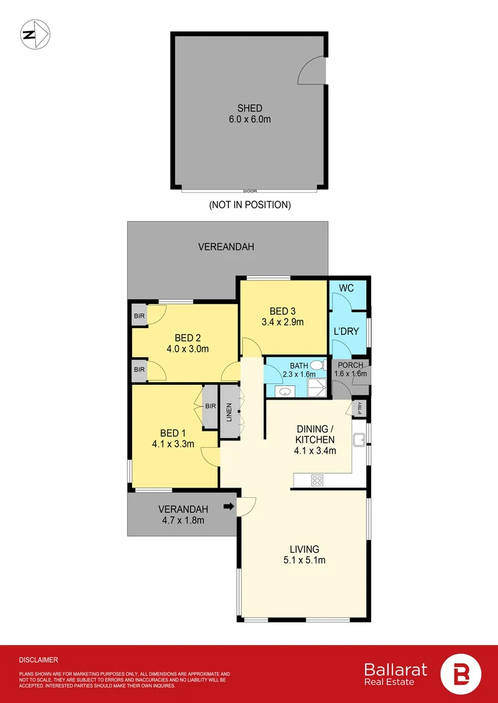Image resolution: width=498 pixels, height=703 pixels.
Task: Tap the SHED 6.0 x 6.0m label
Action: [250, 114]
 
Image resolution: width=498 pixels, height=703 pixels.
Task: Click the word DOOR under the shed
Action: [250, 191]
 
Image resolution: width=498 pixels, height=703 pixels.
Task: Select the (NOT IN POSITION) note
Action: [249, 204]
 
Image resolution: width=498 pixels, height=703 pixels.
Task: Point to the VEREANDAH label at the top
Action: [226, 247]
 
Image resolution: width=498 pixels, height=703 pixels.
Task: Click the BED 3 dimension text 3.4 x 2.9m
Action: [283, 322]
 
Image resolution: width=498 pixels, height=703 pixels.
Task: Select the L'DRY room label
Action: [346, 331]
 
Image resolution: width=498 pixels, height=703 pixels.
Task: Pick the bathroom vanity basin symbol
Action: [284, 391]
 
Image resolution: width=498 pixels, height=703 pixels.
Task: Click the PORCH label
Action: [350, 365]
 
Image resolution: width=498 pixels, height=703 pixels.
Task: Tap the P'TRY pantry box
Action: [360, 409]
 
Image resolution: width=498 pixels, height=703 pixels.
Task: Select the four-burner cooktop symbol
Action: [318, 480]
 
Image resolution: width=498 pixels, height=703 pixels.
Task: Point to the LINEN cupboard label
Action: [229, 413]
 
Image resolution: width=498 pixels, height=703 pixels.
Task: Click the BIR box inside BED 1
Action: [210, 407]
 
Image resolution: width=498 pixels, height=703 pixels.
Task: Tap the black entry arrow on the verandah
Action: [228, 506]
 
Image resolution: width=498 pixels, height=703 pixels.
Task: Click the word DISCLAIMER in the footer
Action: [38, 659]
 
